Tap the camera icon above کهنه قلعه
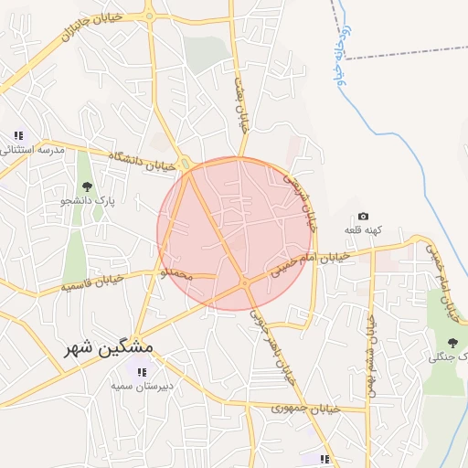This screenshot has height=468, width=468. (x=363, y=216)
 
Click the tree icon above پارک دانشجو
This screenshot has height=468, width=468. (x=87, y=186)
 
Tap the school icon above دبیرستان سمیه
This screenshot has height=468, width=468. (x=142, y=371)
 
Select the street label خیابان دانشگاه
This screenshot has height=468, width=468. (x=141, y=162)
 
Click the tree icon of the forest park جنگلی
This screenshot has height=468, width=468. (x=452, y=343)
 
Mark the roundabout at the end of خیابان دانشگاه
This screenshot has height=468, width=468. (x=186, y=165)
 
